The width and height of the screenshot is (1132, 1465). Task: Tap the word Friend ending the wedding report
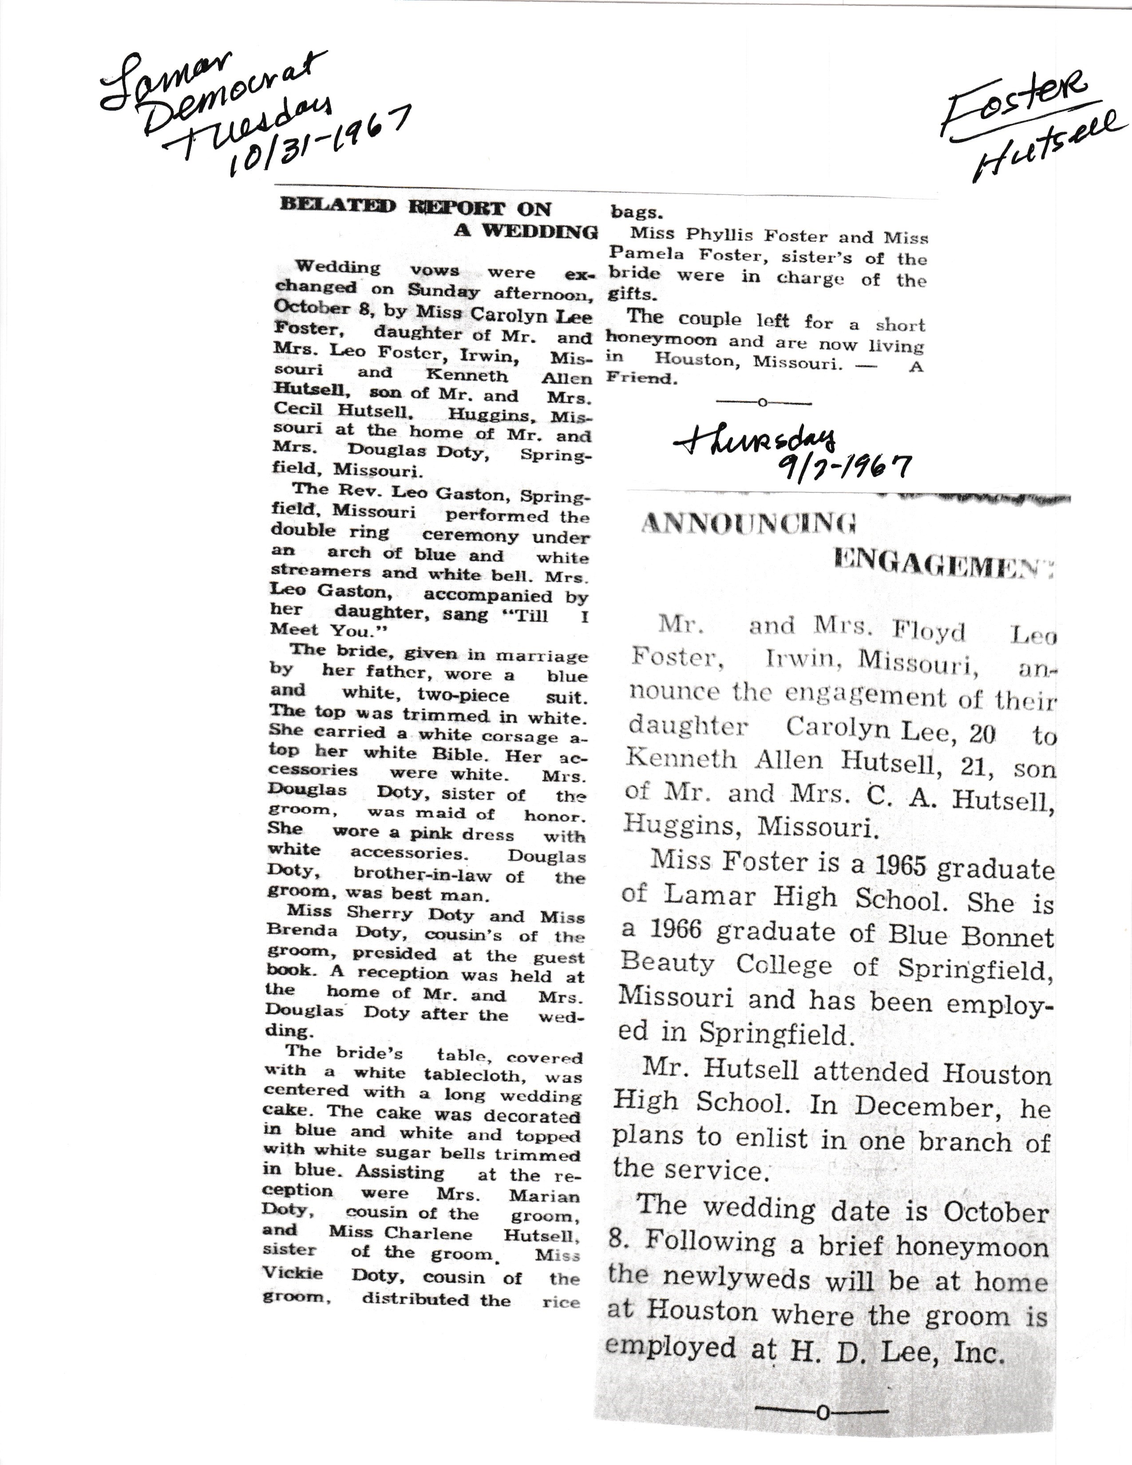pos(639,378)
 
